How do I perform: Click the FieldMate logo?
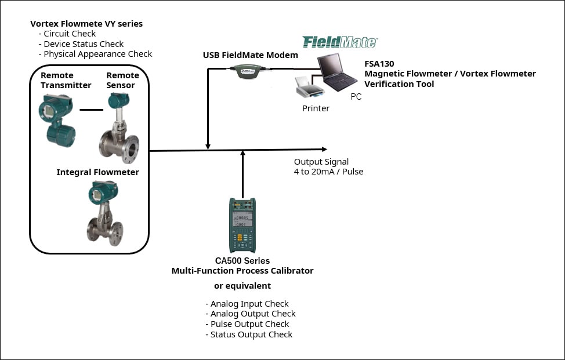[340, 42]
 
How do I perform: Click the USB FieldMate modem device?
[247, 70]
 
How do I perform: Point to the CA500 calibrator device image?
[242, 226]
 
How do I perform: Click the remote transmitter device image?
[57, 119]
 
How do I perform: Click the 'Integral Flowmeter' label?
[97, 172]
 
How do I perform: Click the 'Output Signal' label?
[321, 162]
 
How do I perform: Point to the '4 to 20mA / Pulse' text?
[328, 172]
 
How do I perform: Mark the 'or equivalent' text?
[242, 286]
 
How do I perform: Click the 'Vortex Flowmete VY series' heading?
[86, 24]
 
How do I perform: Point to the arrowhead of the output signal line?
[324, 150]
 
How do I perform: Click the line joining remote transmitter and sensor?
[90, 109]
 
